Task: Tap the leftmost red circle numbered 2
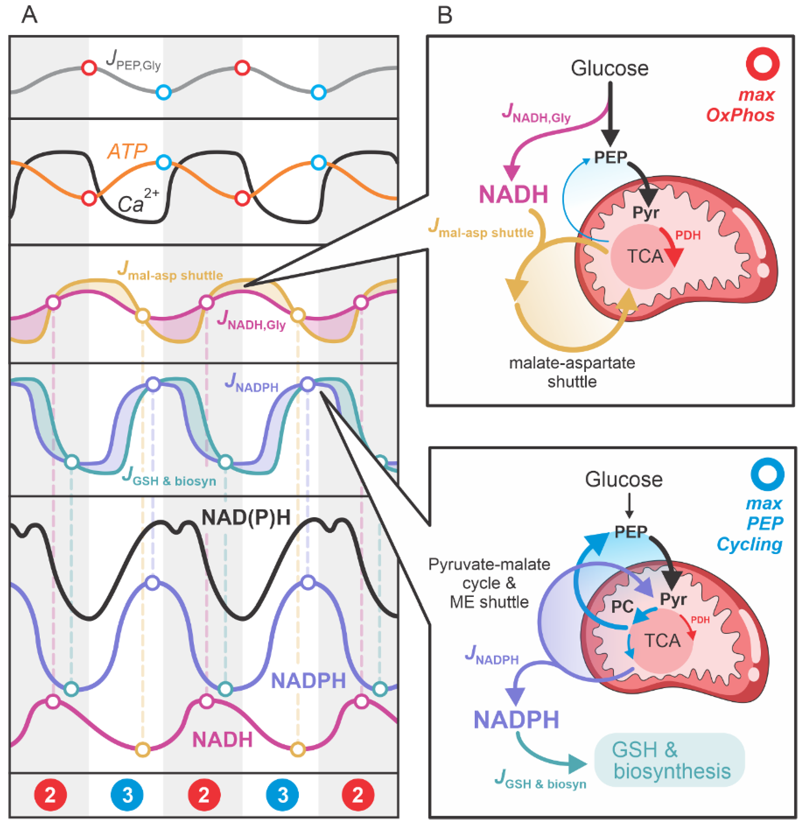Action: pos(50,795)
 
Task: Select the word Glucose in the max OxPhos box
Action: pos(609,68)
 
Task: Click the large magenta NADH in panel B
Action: pos(513,195)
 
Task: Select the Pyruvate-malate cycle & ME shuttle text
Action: pos(489,583)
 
